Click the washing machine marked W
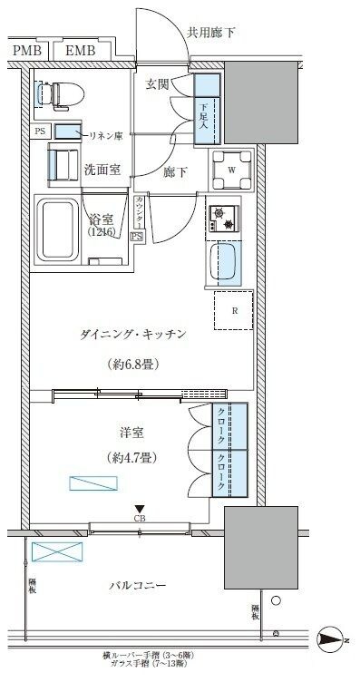pyautogui.click(x=232, y=169)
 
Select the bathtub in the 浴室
pyautogui.click(x=55, y=232)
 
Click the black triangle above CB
pyautogui.click(x=140, y=509)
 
